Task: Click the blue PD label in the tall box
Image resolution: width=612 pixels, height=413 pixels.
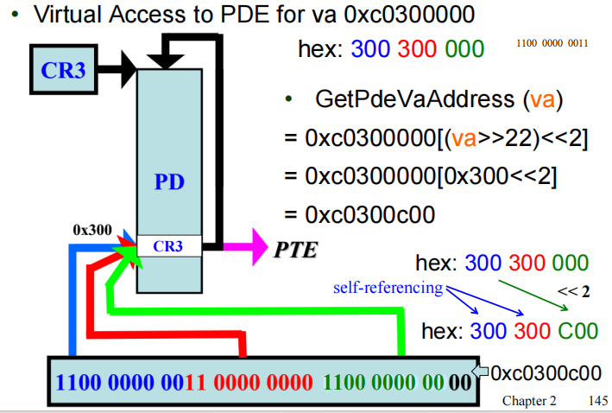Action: [169, 182]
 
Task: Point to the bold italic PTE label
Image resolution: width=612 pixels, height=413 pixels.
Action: [295, 251]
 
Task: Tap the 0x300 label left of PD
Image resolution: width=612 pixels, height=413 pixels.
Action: [92, 230]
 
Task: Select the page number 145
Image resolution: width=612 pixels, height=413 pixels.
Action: [596, 402]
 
